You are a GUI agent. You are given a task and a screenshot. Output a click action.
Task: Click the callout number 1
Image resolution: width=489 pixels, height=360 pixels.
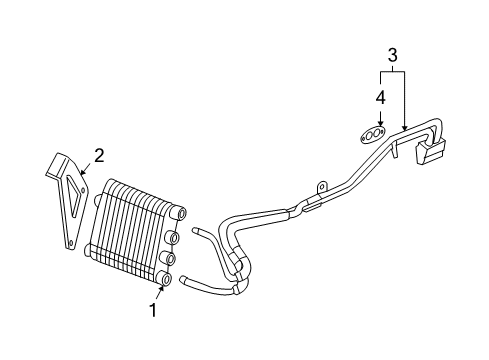tap(153, 311)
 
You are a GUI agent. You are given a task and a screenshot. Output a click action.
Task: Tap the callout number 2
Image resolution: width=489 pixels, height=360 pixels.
tap(99, 154)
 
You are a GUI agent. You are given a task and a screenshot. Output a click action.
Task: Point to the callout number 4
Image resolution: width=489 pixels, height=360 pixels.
tap(380, 97)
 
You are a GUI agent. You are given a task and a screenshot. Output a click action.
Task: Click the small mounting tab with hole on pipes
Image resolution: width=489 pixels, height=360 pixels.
tap(322, 186)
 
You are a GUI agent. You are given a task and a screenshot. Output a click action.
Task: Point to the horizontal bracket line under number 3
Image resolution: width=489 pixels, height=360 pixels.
tap(392, 71)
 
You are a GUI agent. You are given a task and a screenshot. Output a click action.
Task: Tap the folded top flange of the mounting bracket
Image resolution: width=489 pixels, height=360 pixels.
tap(59, 161)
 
